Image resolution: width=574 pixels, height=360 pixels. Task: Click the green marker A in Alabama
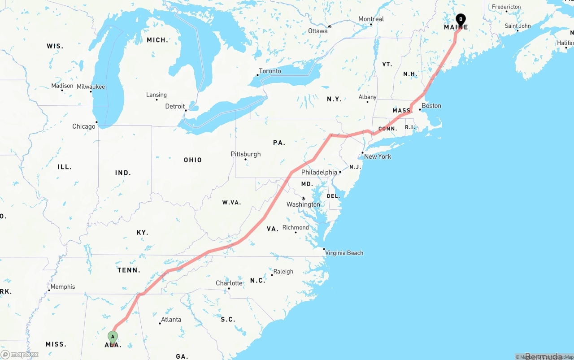click(113, 337)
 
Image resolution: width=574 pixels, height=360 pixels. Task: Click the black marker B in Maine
click(461, 19)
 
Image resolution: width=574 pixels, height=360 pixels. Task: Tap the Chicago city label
click(84, 126)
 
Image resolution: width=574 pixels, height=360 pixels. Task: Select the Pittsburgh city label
click(245, 154)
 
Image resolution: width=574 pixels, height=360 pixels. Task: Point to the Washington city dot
click(303, 199)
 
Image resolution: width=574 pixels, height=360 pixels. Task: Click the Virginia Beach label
click(344, 253)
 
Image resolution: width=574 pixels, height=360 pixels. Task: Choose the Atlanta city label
click(171, 320)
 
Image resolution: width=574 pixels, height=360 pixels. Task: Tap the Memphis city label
click(63, 286)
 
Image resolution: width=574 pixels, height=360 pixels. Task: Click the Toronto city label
click(270, 71)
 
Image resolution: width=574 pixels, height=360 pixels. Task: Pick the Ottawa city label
click(318, 31)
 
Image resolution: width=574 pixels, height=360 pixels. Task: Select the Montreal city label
click(371, 19)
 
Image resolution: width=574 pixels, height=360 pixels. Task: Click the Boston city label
click(431, 106)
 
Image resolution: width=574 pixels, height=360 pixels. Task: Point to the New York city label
click(378, 156)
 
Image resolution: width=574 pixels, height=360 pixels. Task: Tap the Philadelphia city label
click(319, 172)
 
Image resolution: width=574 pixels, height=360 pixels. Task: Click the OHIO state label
click(193, 160)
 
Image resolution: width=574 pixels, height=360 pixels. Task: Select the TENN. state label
click(129, 270)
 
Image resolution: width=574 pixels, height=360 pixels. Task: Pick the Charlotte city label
click(229, 283)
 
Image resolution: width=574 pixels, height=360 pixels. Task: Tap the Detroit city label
click(175, 106)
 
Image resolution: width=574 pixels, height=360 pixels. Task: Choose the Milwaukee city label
click(91, 87)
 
